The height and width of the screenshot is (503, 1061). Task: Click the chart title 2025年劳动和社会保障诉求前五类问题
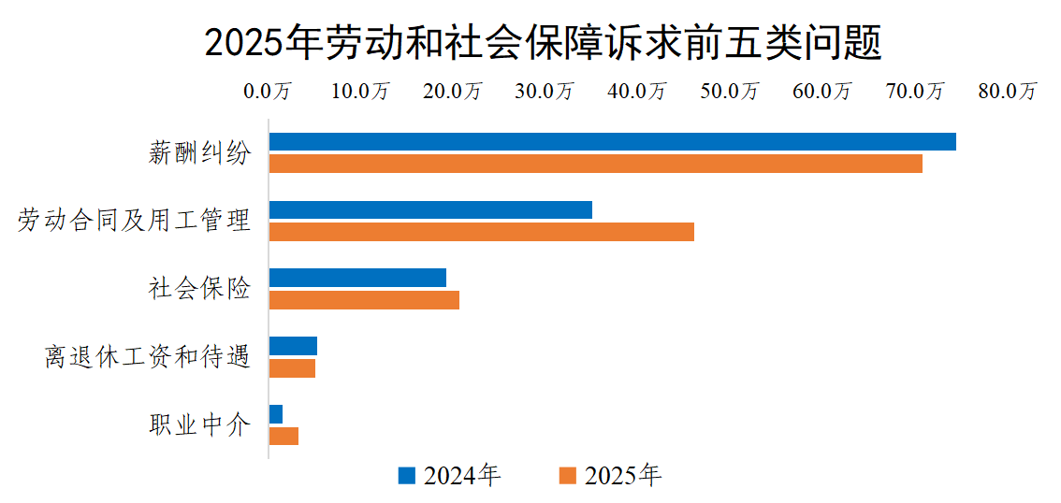[x=543, y=43]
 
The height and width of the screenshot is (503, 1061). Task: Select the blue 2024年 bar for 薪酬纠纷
[x=612, y=141]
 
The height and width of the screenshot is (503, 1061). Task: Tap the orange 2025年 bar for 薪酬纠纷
[x=595, y=164]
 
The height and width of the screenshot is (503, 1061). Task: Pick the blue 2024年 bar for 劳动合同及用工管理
[x=430, y=209]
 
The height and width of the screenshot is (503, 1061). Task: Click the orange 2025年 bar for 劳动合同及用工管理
[x=481, y=232]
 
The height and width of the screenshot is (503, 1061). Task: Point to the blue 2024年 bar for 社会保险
[x=357, y=278]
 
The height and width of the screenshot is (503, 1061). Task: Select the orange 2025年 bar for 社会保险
[x=364, y=300]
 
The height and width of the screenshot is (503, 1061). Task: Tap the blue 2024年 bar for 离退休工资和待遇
[x=293, y=346]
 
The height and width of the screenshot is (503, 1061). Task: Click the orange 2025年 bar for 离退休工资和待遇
[x=292, y=368]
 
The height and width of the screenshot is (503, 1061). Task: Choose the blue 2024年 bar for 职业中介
[x=276, y=414]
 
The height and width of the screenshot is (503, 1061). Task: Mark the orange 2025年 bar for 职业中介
[x=283, y=437]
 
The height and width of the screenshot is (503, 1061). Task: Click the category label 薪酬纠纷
[x=199, y=152]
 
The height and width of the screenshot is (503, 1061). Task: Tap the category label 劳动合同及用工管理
[x=135, y=221]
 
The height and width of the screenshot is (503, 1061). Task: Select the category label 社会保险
[x=199, y=289]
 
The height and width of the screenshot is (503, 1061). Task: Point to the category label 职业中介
[x=199, y=425]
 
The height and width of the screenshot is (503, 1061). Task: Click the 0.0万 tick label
[x=269, y=92]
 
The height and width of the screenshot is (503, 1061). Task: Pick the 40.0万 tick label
[x=638, y=92]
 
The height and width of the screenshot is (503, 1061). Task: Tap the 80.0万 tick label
[x=1008, y=92]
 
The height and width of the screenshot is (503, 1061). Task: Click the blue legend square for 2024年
[x=406, y=476]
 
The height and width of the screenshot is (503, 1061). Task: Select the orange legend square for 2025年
[x=567, y=476]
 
